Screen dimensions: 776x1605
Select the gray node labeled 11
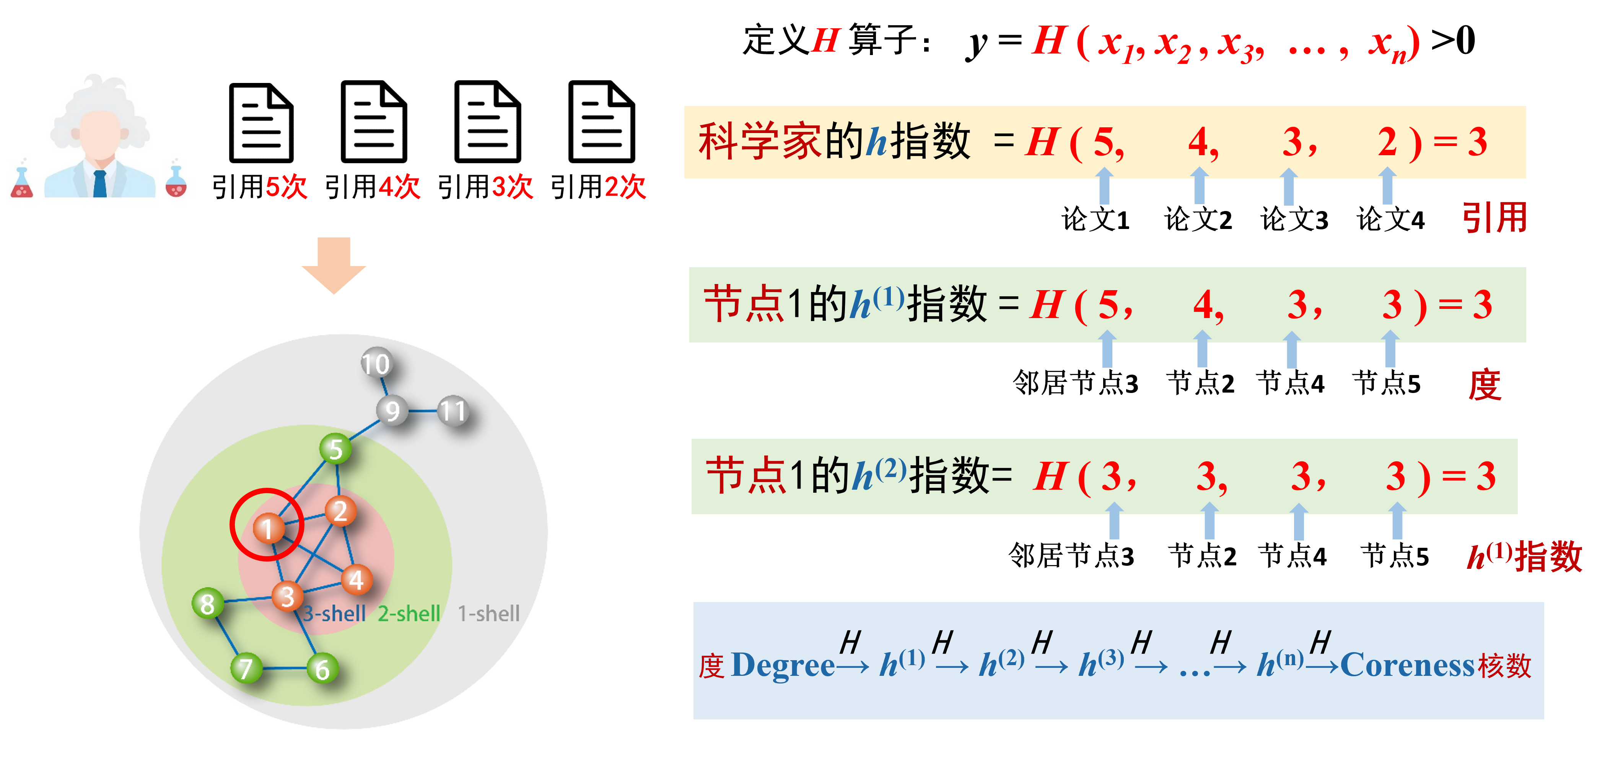point(453,411)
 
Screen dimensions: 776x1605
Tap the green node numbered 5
point(335,448)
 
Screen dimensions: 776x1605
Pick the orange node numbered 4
point(356,580)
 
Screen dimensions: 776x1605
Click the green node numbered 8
point(207,603)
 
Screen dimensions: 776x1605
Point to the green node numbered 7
point(246,668)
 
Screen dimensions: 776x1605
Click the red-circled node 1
point(268,528)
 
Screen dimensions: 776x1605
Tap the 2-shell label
point(409,614)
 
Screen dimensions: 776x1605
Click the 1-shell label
point(488,614)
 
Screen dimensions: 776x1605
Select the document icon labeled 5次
point(262,122)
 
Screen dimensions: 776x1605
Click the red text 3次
point(512,186)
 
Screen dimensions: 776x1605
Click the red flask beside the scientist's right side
point(176,182)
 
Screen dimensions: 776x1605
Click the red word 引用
point(1494,218)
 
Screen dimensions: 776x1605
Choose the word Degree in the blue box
point(783,665)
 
